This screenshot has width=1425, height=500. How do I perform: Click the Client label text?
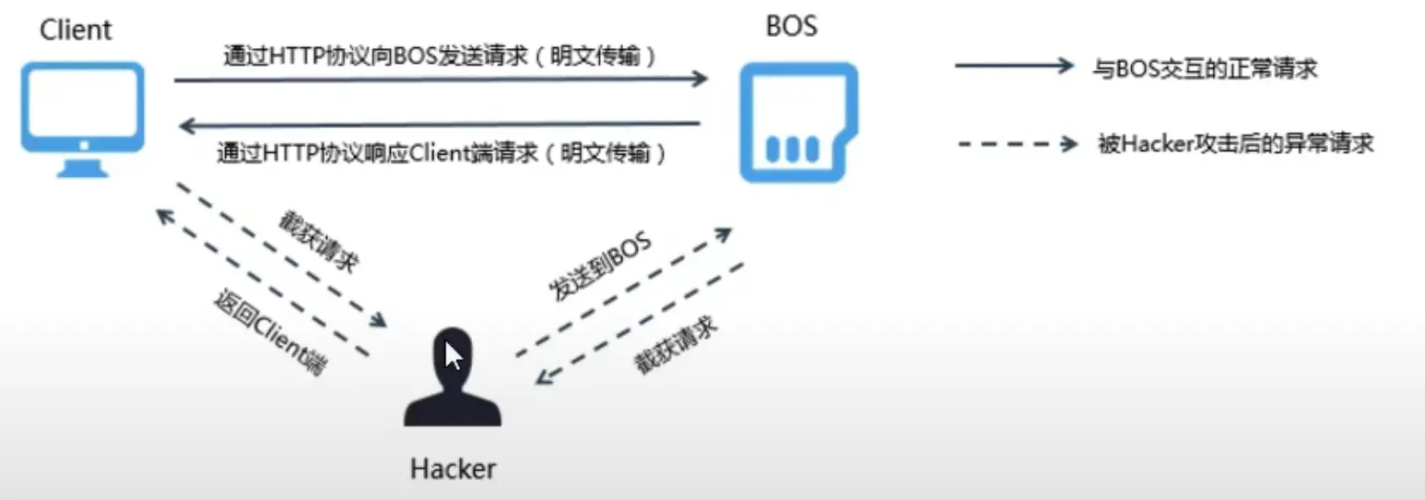(x=76, y=30)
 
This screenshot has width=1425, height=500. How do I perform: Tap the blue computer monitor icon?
(x=83, y=120)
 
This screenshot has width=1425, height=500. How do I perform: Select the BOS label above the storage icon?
(x=792, y=26)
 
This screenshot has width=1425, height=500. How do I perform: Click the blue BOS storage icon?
(x=798, y=122)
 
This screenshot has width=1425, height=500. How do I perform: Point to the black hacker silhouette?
(x=453, y=377)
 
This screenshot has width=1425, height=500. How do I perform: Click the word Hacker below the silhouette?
(x=453, y=469)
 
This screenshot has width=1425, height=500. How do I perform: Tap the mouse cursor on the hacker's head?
(x=453, y=355)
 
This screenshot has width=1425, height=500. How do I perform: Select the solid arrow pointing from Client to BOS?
(x=441, y=79)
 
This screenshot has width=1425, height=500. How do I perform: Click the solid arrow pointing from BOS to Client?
(x=439, y=125)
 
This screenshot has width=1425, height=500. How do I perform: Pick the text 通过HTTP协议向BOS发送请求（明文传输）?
(x=440, y=56)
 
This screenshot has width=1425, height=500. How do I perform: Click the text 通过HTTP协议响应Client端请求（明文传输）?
(x=441, y=153)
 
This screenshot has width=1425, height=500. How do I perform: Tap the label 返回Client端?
(x=270, y=332)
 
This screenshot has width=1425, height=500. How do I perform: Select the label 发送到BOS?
(x=600, y=266)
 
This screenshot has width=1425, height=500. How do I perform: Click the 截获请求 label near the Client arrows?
(x=319, y=242)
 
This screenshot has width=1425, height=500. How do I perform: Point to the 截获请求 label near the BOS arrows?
(x=676, y=345)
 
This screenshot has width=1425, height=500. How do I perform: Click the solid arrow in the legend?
(x=1014, y=65)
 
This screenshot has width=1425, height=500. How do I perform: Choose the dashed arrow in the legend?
(x=1018, y=144)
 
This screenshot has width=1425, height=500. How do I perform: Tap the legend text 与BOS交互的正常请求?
(x=1205, y=68)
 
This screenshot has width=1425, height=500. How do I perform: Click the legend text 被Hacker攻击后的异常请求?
(x=1236, y=144)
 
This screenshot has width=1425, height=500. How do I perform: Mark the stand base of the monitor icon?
(x=83, y=170)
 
